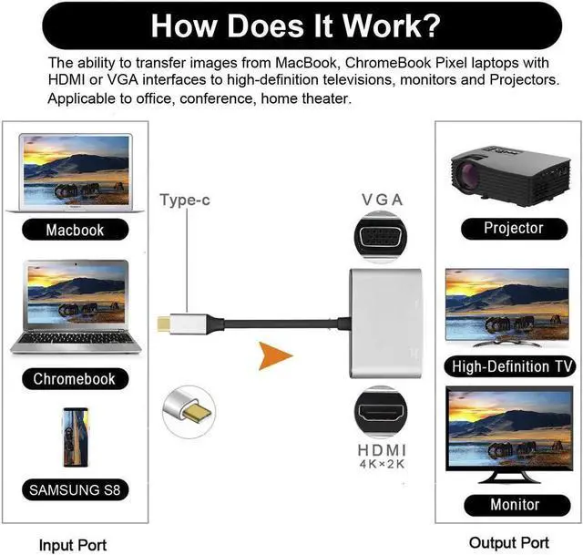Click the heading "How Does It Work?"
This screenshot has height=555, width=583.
291,26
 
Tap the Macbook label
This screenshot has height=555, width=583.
75,230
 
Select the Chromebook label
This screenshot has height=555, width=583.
75,378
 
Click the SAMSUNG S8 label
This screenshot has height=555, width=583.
75,490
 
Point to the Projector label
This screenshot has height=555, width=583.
513,228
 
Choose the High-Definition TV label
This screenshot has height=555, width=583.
513,367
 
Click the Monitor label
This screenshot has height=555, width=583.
513,504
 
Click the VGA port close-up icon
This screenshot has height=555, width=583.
383,239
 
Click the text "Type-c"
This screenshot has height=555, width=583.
185,199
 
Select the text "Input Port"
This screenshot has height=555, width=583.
73,545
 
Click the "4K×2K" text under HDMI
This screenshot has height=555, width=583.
383,465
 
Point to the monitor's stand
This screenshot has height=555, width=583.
513,472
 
